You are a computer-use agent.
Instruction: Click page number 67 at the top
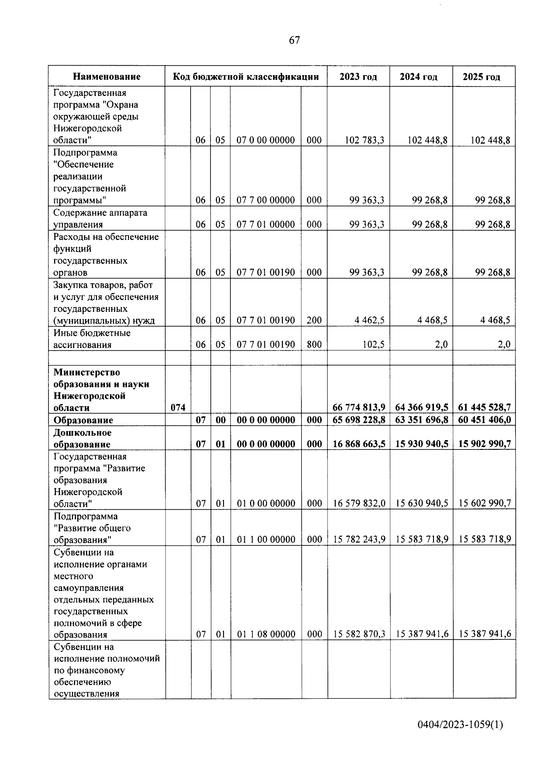294,41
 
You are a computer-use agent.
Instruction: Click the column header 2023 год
358,76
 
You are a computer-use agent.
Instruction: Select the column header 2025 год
481,76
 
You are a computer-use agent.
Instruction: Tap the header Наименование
107,76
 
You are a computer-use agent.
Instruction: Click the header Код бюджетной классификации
246,76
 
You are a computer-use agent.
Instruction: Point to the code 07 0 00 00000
266,140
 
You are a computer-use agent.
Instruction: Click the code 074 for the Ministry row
178,408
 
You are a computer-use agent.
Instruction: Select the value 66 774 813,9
359,408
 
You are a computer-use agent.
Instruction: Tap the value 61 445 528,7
484,408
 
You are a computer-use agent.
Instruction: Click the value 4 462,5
370,320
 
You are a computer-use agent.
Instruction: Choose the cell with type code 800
314,345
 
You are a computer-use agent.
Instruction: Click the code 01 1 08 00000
266,634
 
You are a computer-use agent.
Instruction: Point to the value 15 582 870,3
359,634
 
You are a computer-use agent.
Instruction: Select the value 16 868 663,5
359,444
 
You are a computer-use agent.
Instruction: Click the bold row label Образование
83,420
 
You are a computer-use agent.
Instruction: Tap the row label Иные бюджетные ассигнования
92,339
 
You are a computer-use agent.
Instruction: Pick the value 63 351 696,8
421,420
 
